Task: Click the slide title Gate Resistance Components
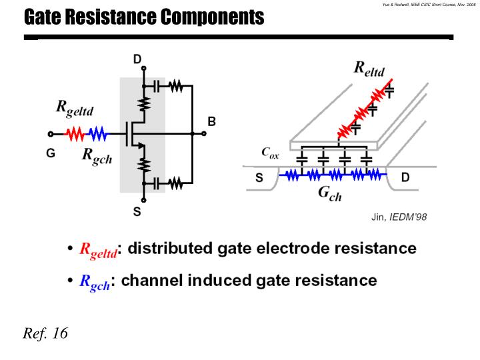144,17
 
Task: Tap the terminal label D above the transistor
137,59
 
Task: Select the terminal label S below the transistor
137,212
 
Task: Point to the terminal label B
211,121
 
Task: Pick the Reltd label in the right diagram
369,68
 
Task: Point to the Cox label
270,153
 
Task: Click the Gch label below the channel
329,194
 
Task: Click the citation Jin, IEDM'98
399,217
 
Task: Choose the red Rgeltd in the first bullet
98,250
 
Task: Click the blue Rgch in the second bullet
95,281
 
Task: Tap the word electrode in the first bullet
289,249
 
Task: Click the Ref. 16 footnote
45,333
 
